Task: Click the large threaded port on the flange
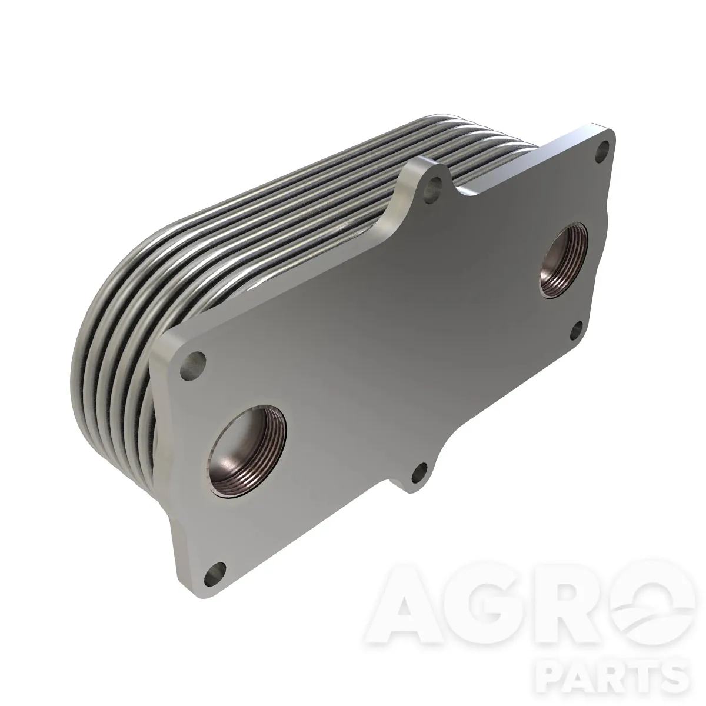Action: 248,451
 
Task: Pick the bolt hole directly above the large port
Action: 193,361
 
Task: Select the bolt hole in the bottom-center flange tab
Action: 420,472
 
